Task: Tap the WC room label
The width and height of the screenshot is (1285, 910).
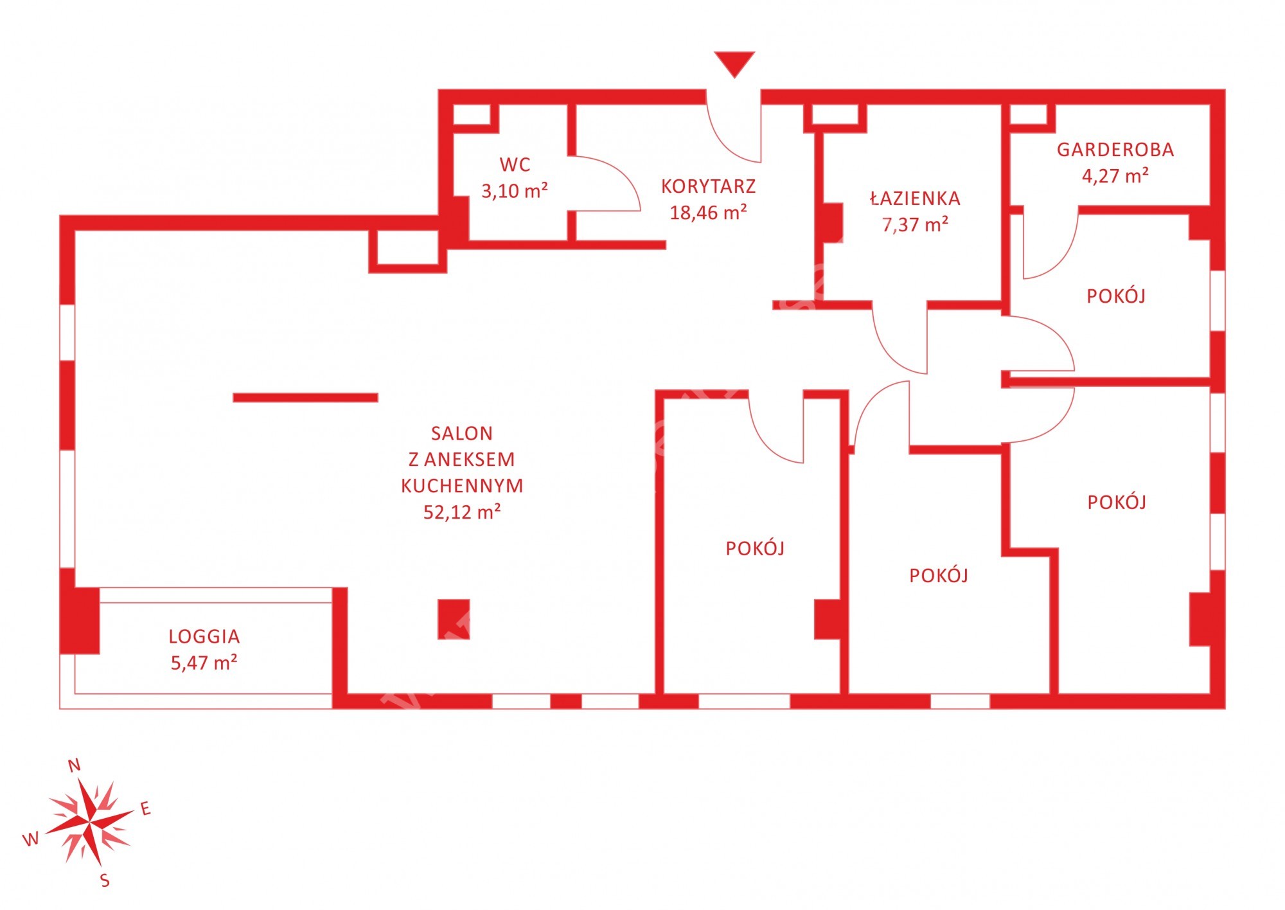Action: [x=515, y=165]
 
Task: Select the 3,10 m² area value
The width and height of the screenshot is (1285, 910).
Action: [x=515, y=191]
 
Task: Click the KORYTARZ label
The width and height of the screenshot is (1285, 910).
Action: [x=709, y=186]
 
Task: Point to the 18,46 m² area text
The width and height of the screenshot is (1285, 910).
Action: [x=709, y=213]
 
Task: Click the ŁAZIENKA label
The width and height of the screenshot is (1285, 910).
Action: [x=916, y=198]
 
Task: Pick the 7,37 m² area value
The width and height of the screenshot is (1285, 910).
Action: [x=916, y=225]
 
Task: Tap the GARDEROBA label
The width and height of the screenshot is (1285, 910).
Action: [x=1115, y=150]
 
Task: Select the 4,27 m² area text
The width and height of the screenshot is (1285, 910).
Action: [x=1115, y=176]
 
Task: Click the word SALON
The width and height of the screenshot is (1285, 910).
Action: [x=462, y=434]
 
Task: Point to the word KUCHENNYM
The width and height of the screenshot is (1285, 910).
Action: [x=463, y=486]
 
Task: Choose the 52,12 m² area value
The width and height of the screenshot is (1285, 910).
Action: [x=463, y=512]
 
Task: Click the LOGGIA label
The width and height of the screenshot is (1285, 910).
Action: [x=204, y=637]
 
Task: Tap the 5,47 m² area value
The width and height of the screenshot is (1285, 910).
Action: [x=204, y=663]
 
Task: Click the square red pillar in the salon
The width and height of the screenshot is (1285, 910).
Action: [x=454, y=620]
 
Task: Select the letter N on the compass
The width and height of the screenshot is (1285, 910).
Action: [x=75, y=765]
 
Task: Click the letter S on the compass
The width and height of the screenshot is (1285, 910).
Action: [x=105, y=880]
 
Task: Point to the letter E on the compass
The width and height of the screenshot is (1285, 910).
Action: [x=146, y=808]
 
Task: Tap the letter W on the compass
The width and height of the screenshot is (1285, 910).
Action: [x=31, y=839]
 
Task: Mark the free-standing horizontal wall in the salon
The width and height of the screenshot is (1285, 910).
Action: [x=305, y=398]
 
